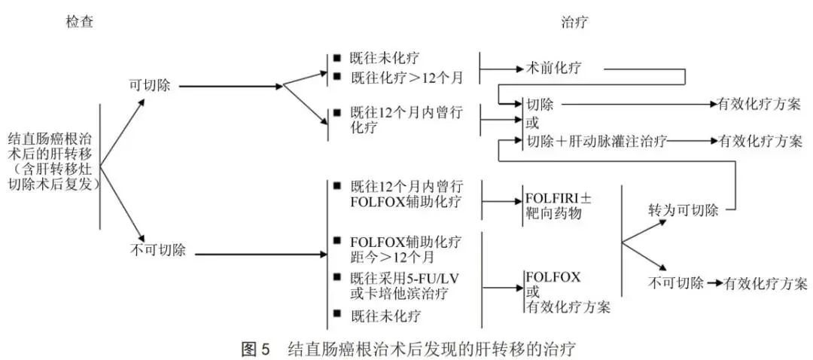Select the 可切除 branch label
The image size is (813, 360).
pos(148,85)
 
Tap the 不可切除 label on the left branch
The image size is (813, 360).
pos(154,250)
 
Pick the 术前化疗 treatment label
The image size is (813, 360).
pos(559,69)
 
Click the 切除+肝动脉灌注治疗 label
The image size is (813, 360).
pos(595,141)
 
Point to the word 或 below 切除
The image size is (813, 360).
pos(531,122)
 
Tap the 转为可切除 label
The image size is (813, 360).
pos(684,209)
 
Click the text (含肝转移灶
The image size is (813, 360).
pos(52,169)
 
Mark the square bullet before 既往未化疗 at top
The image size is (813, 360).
pos(336,57)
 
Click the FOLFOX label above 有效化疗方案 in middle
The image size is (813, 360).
pos(553,276)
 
